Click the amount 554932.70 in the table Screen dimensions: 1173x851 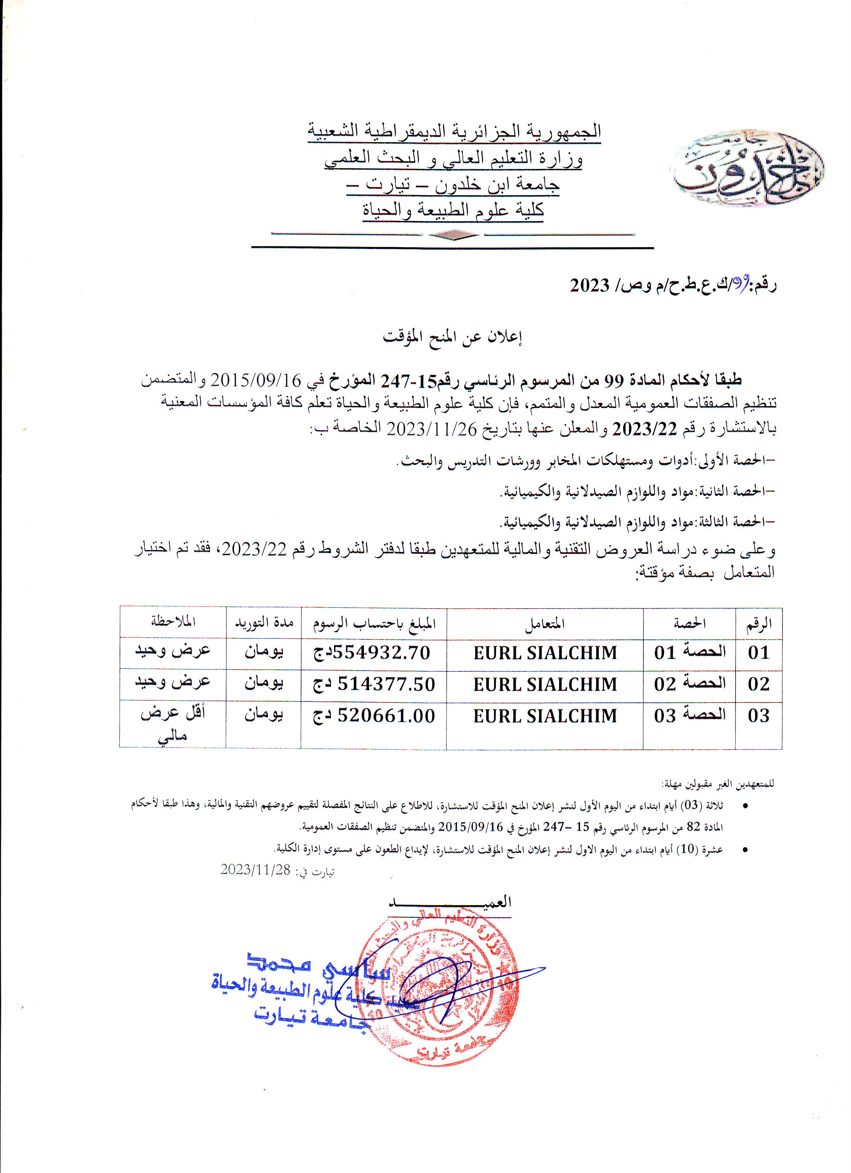(x=372, y=653)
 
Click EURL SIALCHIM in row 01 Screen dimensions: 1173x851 (x=545, y=653)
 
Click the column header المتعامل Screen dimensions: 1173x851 (x=545, y=624)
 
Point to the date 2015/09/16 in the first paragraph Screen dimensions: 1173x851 (x=256, y=380)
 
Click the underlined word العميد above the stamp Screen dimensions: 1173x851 (x=450, y=902)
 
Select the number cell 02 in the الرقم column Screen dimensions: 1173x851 (x=758, y=684)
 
